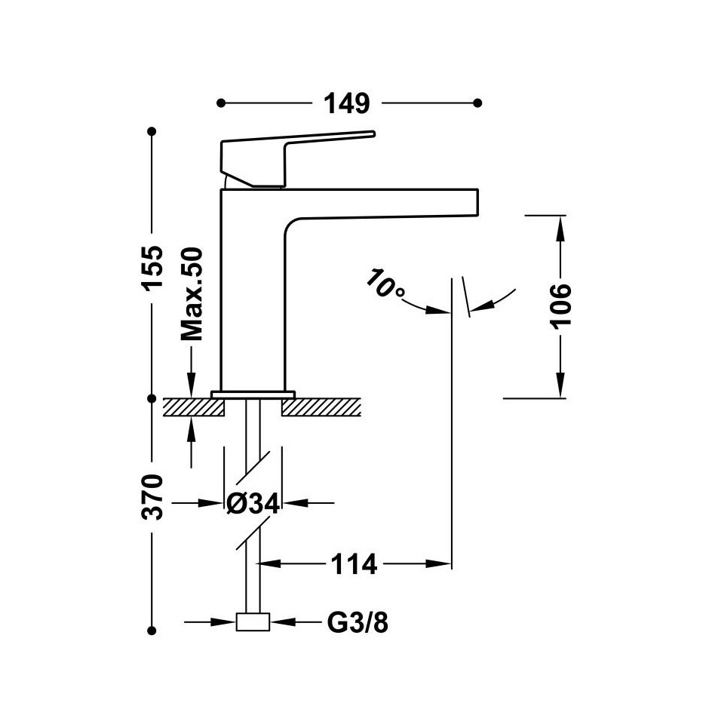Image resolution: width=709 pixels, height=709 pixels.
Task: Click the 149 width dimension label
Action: [347, 103]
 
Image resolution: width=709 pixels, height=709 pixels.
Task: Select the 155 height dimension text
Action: [152, 268]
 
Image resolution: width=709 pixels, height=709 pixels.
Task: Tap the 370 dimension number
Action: [152, 497]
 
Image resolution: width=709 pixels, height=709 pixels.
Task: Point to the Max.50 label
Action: [192, 294]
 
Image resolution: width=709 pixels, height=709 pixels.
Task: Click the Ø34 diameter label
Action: [253, 503]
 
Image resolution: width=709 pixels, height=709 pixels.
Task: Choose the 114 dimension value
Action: [354, 564]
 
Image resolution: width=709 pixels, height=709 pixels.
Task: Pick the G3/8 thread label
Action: [358, 622]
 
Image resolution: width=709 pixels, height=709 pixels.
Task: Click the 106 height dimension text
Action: [560, 306]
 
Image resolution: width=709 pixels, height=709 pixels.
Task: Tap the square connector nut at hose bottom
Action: [253, 622]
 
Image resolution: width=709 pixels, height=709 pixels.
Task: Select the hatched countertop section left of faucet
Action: [194, 407]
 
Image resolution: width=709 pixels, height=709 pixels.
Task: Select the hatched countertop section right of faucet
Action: [321, 407]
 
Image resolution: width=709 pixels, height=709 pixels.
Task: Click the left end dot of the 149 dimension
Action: [221, 103]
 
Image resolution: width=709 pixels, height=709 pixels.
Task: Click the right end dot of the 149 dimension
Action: [477, 103]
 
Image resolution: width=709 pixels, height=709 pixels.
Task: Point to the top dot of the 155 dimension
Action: [152, 131]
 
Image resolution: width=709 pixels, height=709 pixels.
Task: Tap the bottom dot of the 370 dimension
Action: [152, 631]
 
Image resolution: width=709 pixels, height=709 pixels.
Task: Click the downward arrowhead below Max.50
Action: [192, 387]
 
